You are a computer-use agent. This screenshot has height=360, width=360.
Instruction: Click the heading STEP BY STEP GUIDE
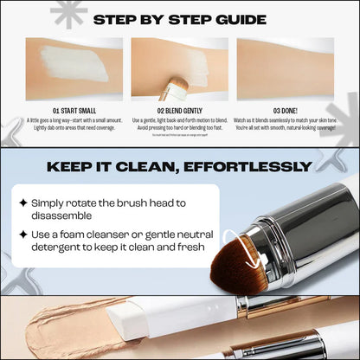[x=179, y=19]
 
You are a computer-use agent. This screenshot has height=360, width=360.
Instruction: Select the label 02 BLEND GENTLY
[x=180, y=110]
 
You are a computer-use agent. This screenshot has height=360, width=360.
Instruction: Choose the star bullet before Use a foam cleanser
[x=23, y=235]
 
